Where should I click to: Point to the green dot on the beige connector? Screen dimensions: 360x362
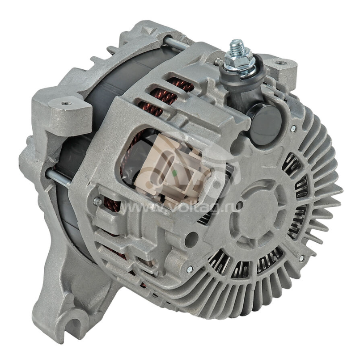174,172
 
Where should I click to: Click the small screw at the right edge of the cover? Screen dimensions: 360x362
293,129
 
